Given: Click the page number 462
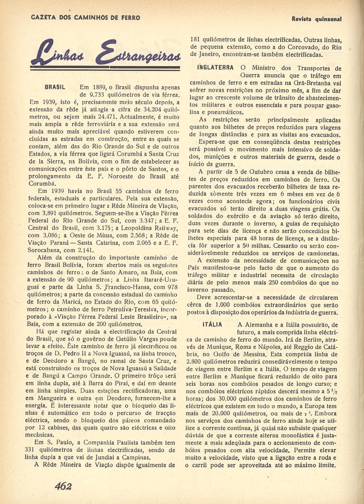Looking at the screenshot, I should [x=63, y=486].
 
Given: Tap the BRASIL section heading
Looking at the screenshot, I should [x=55, y=88].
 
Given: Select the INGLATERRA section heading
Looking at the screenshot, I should [x=215, y=68].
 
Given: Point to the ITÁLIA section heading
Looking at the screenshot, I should [x=212, y=325].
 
